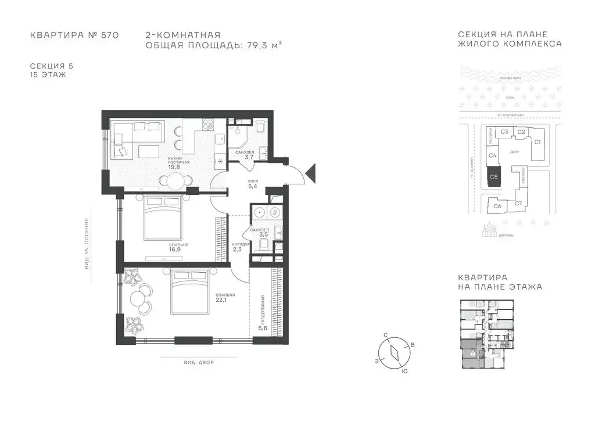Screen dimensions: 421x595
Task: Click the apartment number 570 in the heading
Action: pos(109,35)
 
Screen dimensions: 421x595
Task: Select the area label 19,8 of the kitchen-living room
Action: pos(174,167)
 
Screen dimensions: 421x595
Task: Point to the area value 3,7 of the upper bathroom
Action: pos(249,157)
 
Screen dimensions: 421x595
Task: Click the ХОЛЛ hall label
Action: pos(252,180)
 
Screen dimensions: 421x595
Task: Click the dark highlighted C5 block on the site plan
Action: pos(493,176)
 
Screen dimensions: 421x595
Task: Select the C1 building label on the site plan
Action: pos(537,141)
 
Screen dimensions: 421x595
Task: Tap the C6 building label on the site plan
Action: pos(497,206)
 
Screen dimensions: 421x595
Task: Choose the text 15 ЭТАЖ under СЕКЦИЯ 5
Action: pos(48,75)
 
